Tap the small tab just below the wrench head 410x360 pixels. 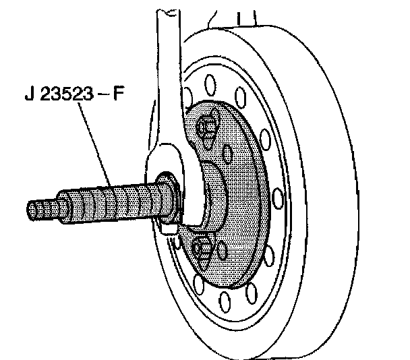tap(169, 227)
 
